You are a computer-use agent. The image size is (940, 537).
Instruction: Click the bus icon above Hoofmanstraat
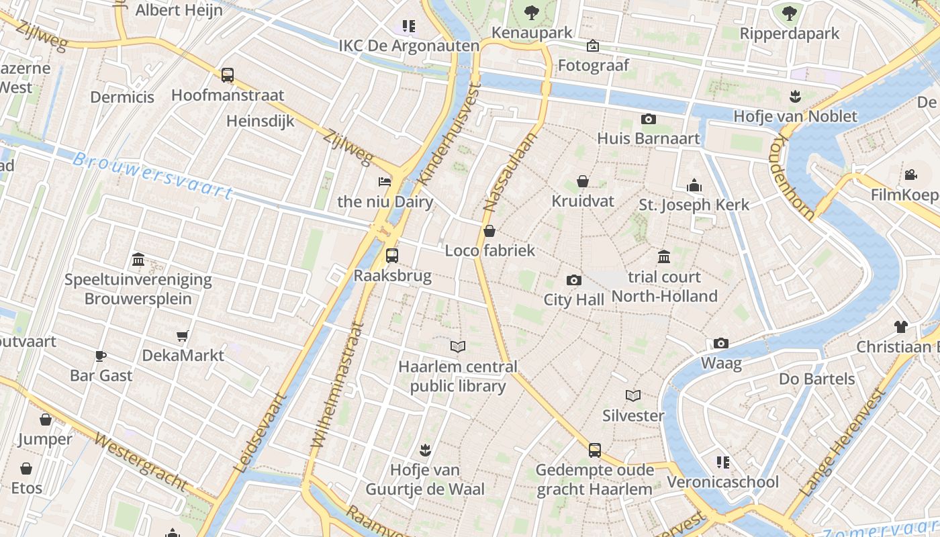(228, 75)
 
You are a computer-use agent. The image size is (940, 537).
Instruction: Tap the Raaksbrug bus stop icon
(392, 256)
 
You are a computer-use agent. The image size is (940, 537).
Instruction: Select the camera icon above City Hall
(574, 280)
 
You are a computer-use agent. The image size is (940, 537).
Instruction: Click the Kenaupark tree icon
(532, 12)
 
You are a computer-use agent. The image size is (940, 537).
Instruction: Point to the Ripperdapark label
(790, 34)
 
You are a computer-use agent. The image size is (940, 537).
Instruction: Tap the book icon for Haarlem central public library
(458, 347)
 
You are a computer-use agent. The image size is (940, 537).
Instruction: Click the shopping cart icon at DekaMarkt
(182, 336)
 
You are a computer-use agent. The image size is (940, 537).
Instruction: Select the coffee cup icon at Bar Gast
(101, 356)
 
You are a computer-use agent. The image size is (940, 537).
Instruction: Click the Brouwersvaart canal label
(152, 175)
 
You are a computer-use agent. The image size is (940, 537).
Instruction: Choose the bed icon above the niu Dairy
(385, 182)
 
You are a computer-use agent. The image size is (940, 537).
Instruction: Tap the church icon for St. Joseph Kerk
(694, 185)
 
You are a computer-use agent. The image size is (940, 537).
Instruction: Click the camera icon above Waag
(721, 344)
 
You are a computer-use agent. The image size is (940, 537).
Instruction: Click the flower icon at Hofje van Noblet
(796, 97)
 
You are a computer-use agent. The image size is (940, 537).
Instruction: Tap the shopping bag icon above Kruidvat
(583, 181)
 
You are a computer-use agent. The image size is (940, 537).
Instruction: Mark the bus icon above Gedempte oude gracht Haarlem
(595, 450)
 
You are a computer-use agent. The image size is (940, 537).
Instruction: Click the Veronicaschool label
(722, 482)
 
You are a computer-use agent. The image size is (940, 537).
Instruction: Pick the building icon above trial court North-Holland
(664, 256)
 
